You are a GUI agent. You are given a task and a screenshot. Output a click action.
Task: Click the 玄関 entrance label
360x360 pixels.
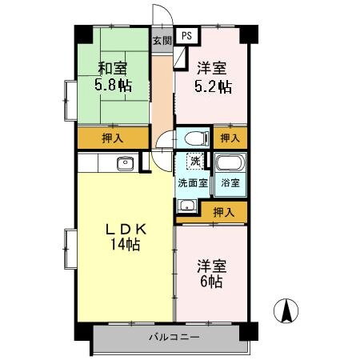[162, 39]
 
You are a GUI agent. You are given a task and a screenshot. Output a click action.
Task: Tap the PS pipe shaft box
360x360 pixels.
[186, 36]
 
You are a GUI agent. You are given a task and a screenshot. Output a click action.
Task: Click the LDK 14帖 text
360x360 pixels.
[126, 237]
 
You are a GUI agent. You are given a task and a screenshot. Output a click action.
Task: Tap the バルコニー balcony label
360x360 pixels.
[174, 337]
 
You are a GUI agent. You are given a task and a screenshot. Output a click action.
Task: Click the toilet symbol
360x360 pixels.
[192, 138]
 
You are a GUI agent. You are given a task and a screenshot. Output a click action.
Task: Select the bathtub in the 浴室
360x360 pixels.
[229, 166]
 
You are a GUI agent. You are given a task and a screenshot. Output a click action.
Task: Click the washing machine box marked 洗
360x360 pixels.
[194, 161]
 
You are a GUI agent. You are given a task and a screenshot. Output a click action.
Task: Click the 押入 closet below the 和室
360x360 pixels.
[113, 138]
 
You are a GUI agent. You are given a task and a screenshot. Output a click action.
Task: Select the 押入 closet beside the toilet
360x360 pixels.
[230, 138]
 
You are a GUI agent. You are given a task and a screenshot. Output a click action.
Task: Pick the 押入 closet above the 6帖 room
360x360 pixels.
[224, 212]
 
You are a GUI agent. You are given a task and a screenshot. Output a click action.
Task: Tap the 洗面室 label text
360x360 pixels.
[192, 182]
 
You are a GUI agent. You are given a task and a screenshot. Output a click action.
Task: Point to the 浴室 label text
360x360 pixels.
[230, 182]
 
